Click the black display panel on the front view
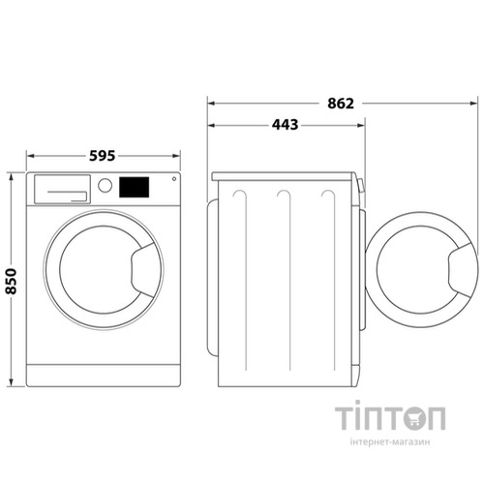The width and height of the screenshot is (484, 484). [136, 186]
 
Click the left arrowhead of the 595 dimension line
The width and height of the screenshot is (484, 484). [29, 155]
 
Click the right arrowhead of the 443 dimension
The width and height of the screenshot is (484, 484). [363, 124]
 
